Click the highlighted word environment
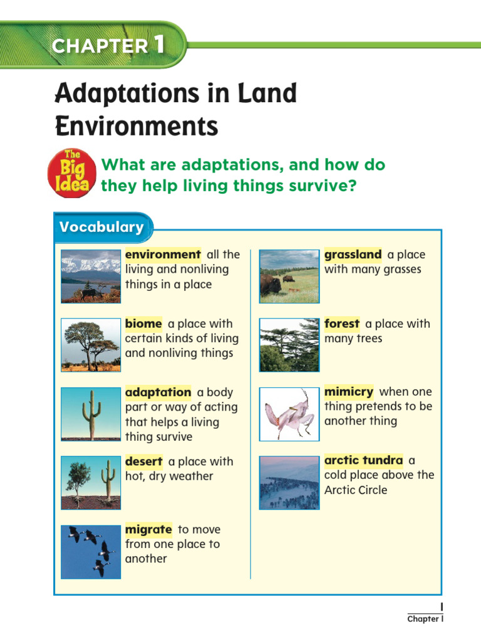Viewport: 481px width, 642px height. point(163,255)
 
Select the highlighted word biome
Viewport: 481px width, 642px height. point(143,324)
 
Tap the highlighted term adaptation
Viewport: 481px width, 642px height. point(158,392)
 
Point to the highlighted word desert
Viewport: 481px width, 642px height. point(143,461)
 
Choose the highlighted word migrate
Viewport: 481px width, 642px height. point(148,530)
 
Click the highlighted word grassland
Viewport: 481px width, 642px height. point(353,255)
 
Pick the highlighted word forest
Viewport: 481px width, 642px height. point(342,324)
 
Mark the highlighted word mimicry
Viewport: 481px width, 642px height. point(349,392)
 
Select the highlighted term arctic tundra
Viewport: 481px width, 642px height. point(363,461)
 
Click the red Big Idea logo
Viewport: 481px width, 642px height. point(73,173)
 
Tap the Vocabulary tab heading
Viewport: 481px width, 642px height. point(101,227)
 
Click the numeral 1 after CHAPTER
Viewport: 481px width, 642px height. point(158,45)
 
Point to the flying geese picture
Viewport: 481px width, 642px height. point(91,552)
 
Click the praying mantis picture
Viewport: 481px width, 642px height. point(289,414)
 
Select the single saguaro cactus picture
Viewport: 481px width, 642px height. point(91,414)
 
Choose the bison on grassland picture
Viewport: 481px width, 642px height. point(289,276)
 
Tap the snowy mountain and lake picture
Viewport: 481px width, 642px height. point(91,276)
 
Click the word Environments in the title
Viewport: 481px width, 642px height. point(137,127)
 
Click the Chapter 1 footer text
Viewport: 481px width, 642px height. point(425,619)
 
